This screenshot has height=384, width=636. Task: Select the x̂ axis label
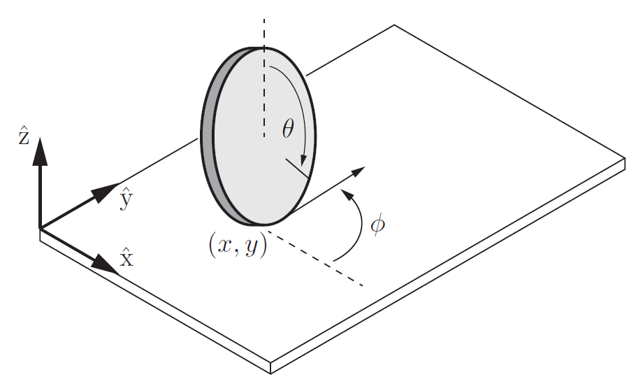(126, 259)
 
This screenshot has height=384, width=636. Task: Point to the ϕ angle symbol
(377, 225)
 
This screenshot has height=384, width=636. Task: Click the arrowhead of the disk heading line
(357, 172)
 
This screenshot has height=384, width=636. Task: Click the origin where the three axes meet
(40, 228)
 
